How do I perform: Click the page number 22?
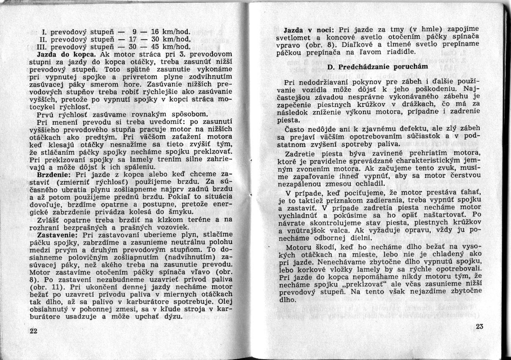[x=33, y=331]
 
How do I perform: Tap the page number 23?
[x=479, y=326]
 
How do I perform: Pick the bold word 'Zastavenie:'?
[x=58, y=235]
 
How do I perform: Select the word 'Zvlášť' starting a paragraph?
[x=50, y=219]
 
